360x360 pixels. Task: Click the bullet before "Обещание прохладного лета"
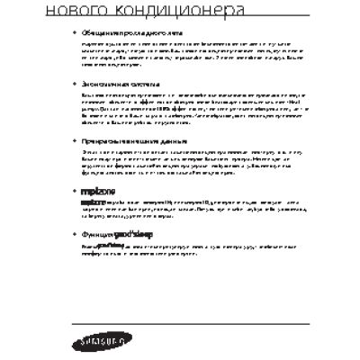tap(74, 31)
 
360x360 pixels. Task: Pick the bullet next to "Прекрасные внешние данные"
tap(74, 141)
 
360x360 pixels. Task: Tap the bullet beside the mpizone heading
tap(74, 193)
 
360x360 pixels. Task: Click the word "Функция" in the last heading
tap(96, 234)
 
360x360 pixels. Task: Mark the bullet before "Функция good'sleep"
tap(74, 234)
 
